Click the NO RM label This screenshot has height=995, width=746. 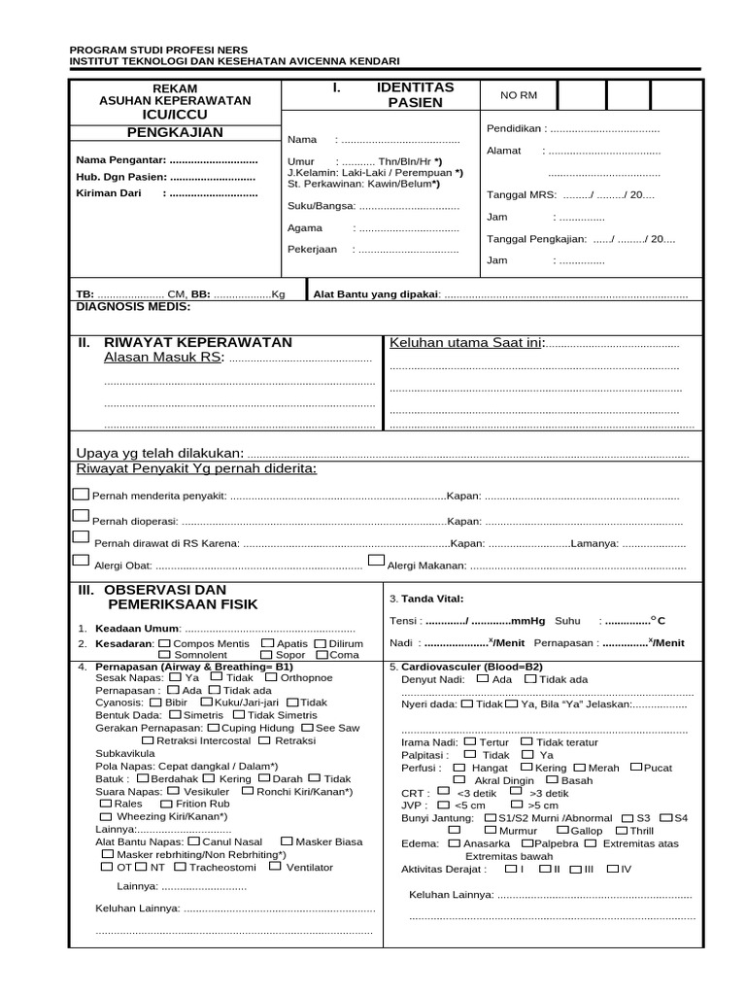pos(518,95)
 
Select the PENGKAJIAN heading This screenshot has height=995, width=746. pos(176,132)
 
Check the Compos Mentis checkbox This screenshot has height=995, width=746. pos(164,643)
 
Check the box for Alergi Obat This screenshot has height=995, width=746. pos(82,562)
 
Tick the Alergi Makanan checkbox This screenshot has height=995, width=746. pos(376,561)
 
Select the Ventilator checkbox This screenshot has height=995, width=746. pos(276,866)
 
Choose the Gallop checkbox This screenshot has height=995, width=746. pos(562,830)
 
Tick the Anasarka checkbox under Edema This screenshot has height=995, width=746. pos(455,843)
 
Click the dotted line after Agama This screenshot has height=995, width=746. pos(407,229)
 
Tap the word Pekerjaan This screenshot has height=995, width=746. pos(312,250)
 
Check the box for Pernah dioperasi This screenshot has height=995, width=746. pos(82,517)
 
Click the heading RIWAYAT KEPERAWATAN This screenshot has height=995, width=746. pos(197,343)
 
